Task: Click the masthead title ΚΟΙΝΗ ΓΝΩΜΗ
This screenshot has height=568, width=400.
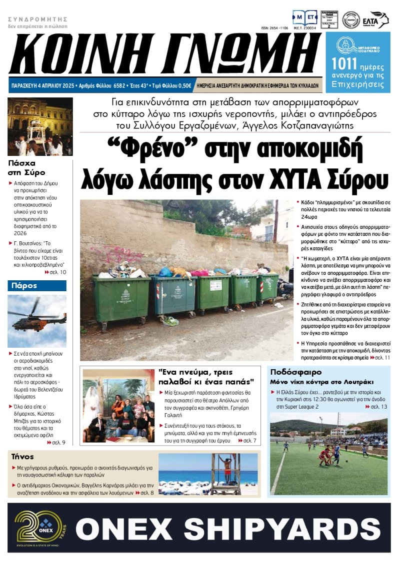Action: click(x=165, y=54)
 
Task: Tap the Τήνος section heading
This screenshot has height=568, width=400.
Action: click(x=22, y=456)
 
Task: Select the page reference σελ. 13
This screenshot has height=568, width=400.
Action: click(x=376, y=407)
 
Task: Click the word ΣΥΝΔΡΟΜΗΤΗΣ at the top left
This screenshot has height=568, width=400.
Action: click(x=37, y=19)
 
